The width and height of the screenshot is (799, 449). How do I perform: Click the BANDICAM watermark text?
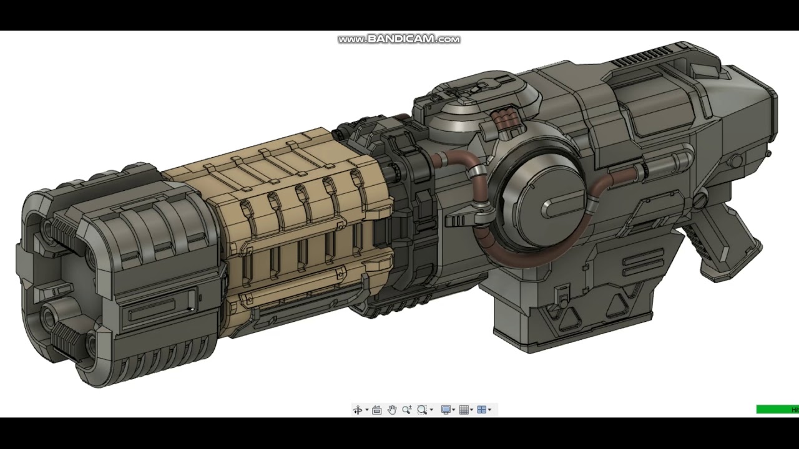399,39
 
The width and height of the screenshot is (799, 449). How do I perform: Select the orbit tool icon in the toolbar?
358,410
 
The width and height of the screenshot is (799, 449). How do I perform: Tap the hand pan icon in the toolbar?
392,410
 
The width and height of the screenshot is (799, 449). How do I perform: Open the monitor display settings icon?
446,410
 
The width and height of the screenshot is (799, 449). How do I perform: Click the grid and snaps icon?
464,410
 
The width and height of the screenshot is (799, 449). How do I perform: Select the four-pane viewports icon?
481,410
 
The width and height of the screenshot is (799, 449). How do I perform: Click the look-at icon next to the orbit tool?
376,410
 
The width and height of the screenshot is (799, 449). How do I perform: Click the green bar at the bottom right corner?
777,410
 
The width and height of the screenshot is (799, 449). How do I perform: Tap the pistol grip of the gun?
724,249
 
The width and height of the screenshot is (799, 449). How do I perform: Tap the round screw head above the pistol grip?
700,200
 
